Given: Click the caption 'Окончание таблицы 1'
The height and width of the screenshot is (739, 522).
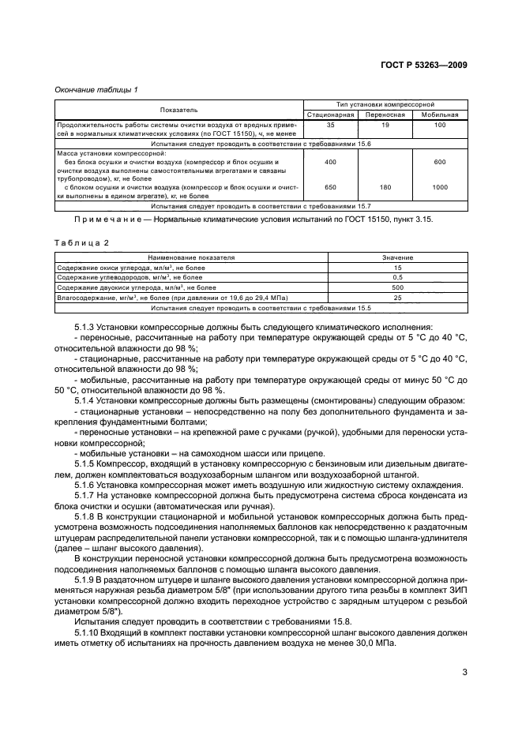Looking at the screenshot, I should pos(96,89).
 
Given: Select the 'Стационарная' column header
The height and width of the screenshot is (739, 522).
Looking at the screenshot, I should pos(330,114).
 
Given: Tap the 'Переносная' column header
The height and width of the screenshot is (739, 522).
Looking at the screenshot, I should pos(385,114).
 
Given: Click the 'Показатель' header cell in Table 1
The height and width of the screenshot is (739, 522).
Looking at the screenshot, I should pos(179,109).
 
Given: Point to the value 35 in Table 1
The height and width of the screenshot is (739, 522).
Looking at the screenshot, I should pos(330,126).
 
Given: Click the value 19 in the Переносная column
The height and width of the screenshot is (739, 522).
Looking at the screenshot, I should pos(385,126).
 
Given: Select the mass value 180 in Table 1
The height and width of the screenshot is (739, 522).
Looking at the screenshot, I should pos(385,187).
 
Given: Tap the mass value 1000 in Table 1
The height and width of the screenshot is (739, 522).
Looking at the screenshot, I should pos(440,187).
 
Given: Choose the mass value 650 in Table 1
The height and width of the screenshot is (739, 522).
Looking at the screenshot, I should pos(330,187).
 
